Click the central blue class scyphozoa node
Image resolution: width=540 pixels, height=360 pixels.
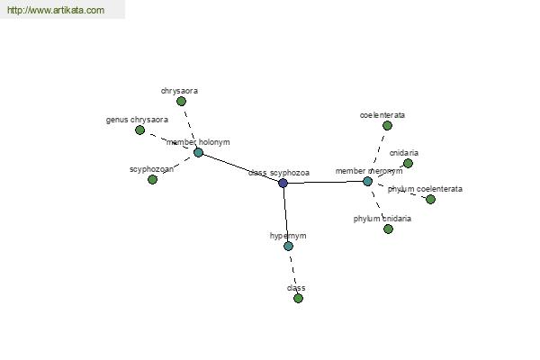(x=283, y=183)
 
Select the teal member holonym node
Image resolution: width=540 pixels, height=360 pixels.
(x=198, y=152)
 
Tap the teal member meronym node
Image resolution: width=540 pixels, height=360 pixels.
(x=367, y=181)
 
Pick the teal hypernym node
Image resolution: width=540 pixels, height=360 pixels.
(x=288, y=246)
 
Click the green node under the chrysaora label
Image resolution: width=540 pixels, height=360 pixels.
(x=181, y=101)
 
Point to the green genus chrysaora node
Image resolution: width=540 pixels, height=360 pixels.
(x=139, y=130)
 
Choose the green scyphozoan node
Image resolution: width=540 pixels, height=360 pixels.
(x=152, y=179)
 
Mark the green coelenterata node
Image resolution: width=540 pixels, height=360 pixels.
(x=387, y=125)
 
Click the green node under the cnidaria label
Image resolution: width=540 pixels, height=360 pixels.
(x=408, y=163)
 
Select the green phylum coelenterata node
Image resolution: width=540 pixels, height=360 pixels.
(x=430, y=199)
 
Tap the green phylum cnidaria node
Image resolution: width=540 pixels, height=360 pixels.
(x=388, y=229)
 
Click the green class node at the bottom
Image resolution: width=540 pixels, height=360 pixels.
(x=298, y=298)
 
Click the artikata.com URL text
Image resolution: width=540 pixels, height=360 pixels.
(x=55, y=11)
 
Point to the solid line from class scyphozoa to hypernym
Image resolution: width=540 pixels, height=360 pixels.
(x=285, y=214)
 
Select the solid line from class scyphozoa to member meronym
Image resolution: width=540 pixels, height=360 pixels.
(x=325, y=182)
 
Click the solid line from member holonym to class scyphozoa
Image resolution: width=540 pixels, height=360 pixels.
(x=240, y=167)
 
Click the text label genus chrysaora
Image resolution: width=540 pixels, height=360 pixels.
(x=137, y=119)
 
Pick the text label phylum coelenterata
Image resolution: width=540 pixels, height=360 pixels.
(x=425, y=189)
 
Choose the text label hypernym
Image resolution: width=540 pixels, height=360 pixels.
(x=288, y=236)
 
